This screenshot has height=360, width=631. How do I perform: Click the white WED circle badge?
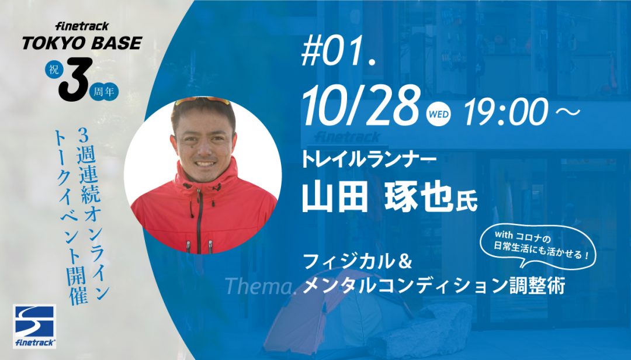(x=438, y=114)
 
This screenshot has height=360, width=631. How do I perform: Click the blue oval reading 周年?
(x=104, y=92)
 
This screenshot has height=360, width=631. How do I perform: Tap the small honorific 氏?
(x=466, y=202)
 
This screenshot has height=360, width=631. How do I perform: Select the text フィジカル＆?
(x=357, y=262)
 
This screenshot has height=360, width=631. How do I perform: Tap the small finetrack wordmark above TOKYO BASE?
(x=82, y=26)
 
